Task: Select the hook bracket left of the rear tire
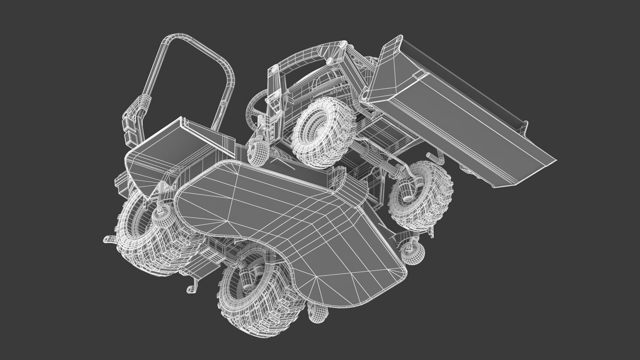point(110,240)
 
